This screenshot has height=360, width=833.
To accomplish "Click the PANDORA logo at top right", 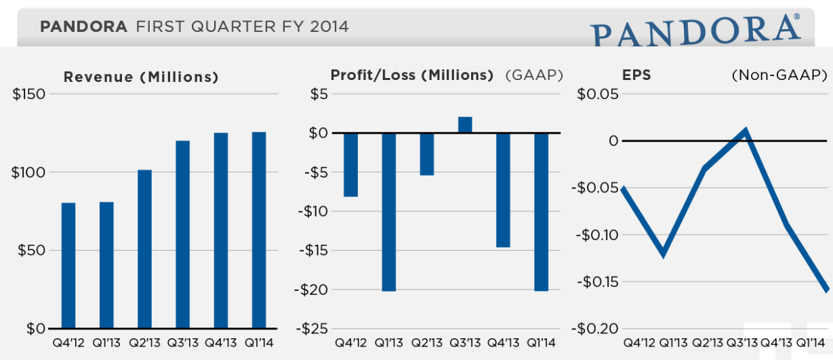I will pyautogui.click(x=695, y=31).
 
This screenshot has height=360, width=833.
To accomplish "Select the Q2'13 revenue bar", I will pyautogui.click(x=144, y=249).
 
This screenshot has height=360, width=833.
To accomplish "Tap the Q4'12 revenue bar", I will pyautogui.click(x=68, y=265).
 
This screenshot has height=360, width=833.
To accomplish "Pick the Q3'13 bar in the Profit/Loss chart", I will pyautogui.click(x=465, y=125).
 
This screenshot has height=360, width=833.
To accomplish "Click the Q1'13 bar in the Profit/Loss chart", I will pyautogui.click(x=389, y=212).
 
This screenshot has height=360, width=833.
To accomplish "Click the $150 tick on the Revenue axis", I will pyautogui.click(x=29, y=94).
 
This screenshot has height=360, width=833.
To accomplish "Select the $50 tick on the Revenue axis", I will pyautogui.click(x=29, y=250).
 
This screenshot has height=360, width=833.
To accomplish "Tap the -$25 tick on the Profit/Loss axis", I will pyautogui.click(x=313, y=329).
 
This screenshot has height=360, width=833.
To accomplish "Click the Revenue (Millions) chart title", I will pyautogui.click(x=141, y=77).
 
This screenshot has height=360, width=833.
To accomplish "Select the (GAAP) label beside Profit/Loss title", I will pyautogui.click(x=534, y=75).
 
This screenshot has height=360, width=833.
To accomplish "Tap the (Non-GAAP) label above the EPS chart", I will pyautogui.click(x=779, y=75).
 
